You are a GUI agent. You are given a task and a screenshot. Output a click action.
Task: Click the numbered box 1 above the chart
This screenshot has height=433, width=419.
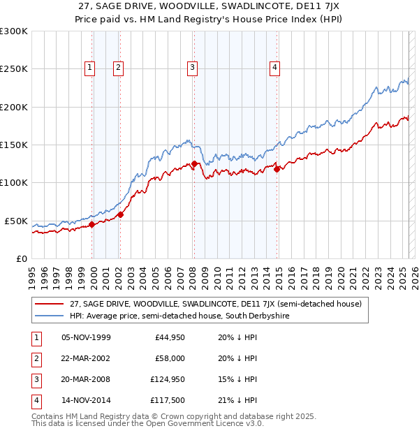(x=91, y=68)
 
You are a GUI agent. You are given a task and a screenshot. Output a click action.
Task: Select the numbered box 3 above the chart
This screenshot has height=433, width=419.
(x=191, y=68)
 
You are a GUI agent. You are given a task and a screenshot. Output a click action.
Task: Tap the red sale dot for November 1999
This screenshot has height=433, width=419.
(x=92, y=225)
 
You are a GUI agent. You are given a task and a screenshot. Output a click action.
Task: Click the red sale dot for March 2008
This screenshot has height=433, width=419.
(x=194, y=163)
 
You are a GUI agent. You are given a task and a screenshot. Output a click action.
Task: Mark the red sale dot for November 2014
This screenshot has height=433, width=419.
(x=277, y=168)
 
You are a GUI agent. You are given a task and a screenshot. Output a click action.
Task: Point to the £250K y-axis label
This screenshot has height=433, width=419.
(x=13, y=69)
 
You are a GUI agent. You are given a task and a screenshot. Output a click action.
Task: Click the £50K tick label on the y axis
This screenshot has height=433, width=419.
(x=16, y=221)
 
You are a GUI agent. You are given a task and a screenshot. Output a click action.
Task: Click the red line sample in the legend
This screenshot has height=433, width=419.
(x=50, y=304)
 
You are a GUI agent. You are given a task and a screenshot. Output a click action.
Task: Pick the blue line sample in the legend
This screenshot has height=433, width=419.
(x=50, y=316)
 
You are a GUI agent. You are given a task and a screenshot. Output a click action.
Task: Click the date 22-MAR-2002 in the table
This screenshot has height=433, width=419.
(x=86, y=358)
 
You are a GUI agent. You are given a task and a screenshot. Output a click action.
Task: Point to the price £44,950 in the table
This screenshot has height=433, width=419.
(x=168, y=337)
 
